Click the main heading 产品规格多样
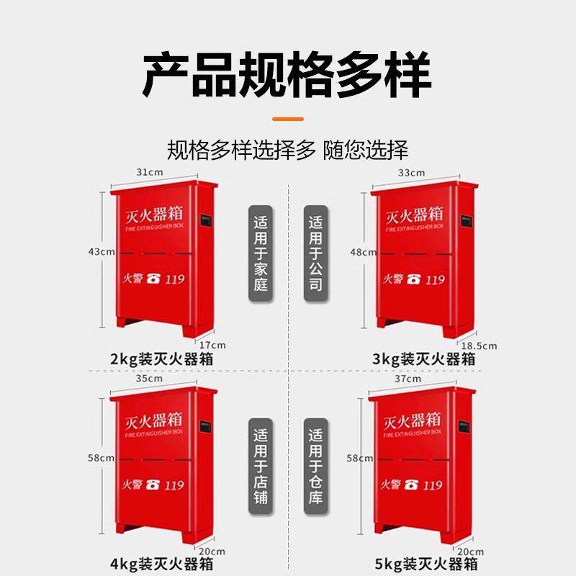pos(287,75)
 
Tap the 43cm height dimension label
pos(102,252)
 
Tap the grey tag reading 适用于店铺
pos(261,467)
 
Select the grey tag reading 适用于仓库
pos(315,467)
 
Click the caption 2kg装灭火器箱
pos(162,359)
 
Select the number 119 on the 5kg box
pos(433,486)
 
